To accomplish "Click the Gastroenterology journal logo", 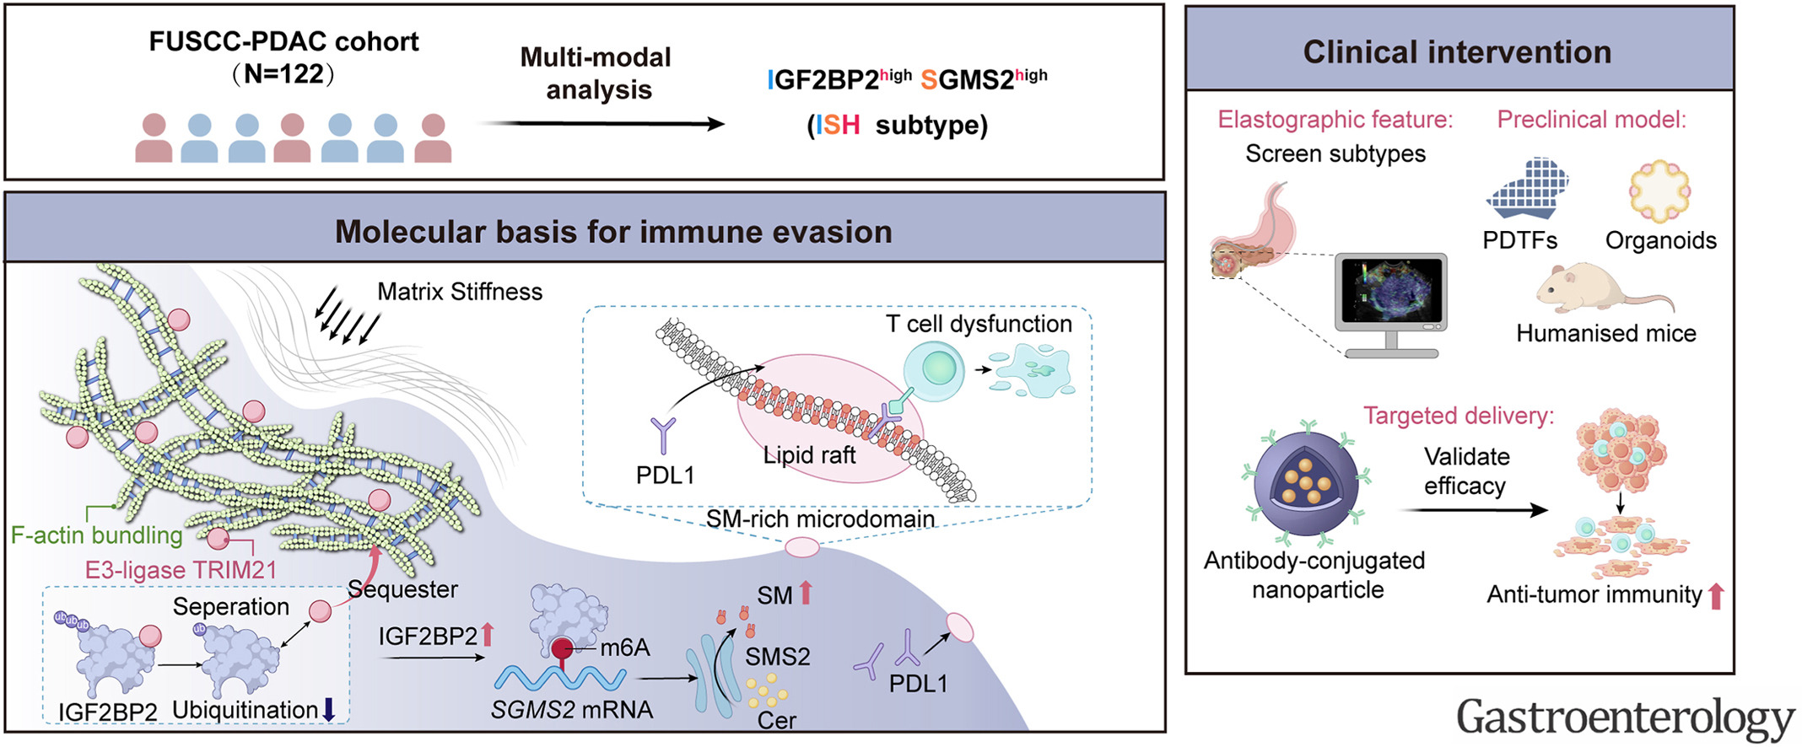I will (1625, 717).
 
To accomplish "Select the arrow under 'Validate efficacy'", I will (1473, 510).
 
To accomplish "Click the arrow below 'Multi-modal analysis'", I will (602, 124).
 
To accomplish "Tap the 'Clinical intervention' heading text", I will (1457, 52).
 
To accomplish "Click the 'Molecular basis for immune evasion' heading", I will (613, 232).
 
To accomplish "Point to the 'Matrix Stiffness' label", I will (460, 292).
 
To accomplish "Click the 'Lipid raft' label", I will (809, 455).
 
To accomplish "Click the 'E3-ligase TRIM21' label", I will (181, 570).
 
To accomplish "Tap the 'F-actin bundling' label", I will (96, 535).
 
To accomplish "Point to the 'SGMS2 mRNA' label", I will (572, 710).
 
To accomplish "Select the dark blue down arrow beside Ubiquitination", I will (329, 710).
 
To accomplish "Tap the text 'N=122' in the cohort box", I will (283, 74).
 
